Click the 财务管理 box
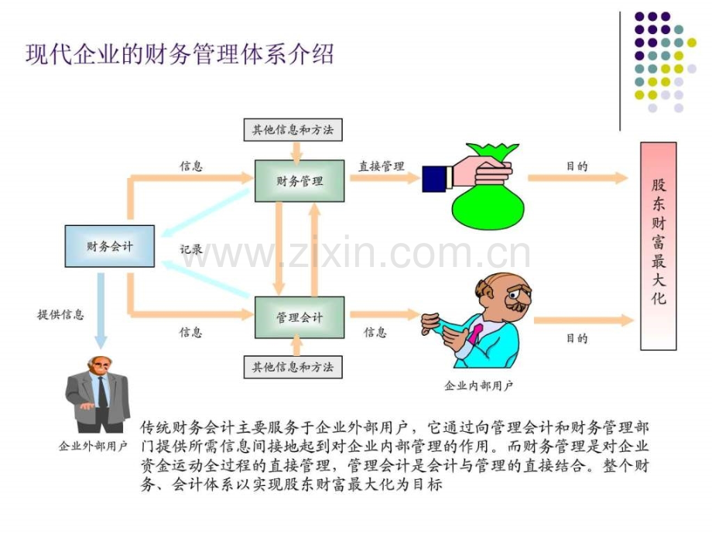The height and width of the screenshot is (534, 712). pos(300,181)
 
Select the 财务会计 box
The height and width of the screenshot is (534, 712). pos(110,246)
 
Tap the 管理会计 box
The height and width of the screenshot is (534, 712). pos(300,317)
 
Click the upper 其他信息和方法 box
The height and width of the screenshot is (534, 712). pos(293,130)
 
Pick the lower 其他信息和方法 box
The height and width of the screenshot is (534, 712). pos(293,367)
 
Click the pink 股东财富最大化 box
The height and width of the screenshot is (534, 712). pos(659,246)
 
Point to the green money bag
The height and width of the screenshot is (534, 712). pos(489,190)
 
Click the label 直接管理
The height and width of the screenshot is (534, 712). pos(382,166)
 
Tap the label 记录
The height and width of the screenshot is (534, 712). pos(190,249)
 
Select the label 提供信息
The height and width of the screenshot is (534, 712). pos(60,314)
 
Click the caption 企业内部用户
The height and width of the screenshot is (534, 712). pos(478,385)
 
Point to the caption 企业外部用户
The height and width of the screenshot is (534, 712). pos(93,447)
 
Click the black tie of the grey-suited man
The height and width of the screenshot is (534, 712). pos(103,392)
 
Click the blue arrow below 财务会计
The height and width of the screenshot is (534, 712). pos(101,310)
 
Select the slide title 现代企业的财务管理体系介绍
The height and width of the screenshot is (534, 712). pos(180,54)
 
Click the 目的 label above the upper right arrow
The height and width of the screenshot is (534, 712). pos(577,166)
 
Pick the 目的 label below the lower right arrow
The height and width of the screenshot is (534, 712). pos(577,338)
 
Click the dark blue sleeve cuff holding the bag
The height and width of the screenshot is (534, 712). pos(434,179)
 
